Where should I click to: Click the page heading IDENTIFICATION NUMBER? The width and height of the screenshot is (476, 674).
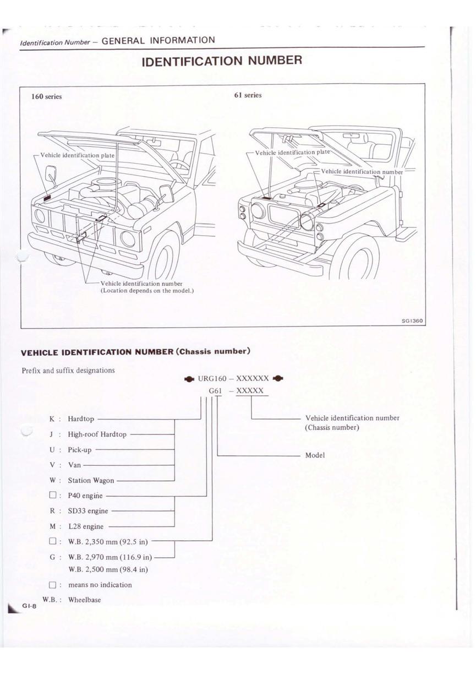click(222, 60)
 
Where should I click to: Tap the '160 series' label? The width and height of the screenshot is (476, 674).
click(47, 96)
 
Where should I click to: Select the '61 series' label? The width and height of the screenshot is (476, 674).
click(248, 95)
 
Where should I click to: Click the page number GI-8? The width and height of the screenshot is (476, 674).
click(29, 606)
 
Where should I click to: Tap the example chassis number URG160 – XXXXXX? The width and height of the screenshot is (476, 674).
click(233, 378)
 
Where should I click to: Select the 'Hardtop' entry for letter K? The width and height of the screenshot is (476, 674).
click(81, 419)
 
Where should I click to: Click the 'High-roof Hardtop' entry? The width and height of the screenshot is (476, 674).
click(97, 434)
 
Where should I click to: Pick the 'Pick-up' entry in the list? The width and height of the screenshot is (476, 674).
click(80, 450)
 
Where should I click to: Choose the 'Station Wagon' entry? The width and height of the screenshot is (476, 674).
click(91, 481)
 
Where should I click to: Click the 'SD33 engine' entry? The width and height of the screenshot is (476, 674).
click(88, 511)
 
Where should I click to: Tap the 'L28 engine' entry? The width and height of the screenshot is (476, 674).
click(85, 526)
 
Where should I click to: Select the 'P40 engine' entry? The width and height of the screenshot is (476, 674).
click(85, 496)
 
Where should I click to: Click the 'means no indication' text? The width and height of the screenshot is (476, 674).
click(100, 585)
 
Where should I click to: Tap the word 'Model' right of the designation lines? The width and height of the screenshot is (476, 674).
click(315, 455)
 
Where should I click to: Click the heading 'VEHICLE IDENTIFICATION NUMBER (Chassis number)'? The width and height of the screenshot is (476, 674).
click(136, 351)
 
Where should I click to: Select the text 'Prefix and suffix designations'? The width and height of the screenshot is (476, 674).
click(68, 370)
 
